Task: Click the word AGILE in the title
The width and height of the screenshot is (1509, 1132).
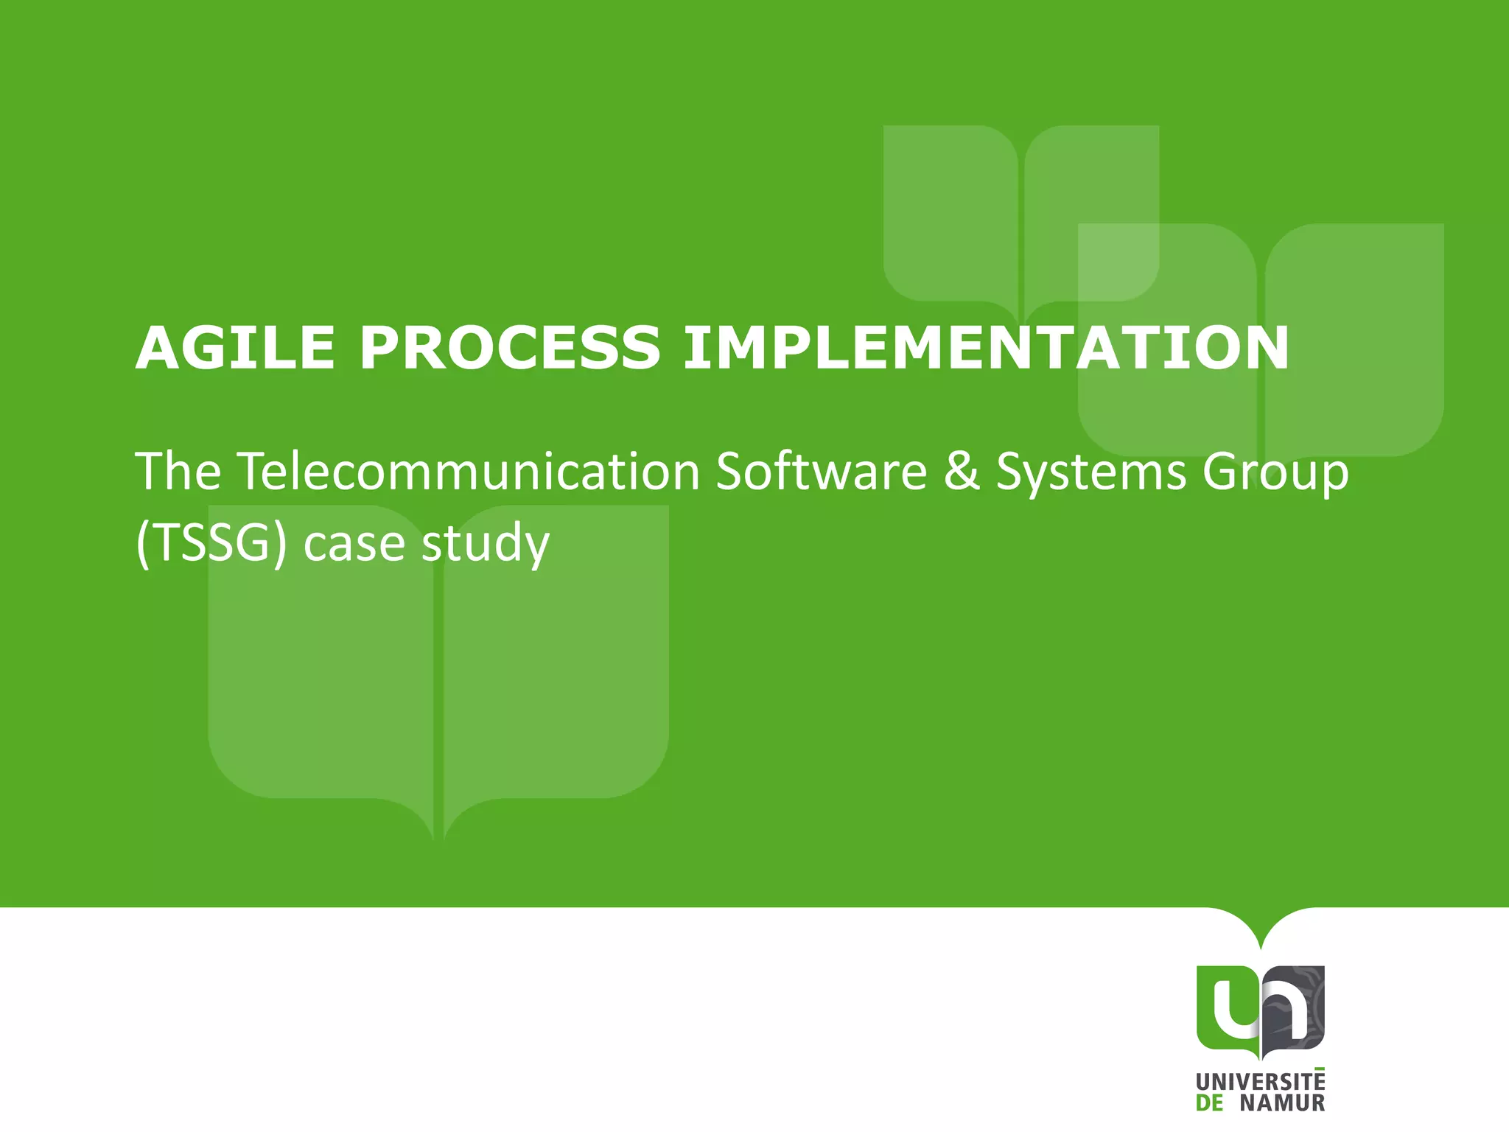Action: click(234, 348)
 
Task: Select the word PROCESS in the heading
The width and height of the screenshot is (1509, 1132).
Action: click(509, 348)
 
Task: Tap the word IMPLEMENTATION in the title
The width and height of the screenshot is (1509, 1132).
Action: click(986, 348)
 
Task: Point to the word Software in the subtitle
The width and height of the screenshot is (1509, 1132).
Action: click(821, 472)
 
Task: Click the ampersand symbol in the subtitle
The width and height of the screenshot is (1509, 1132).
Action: click(961, 472)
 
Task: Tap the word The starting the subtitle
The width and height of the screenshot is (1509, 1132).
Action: click(178, 472)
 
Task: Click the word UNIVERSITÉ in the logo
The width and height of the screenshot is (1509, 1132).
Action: click(1260, 1083)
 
